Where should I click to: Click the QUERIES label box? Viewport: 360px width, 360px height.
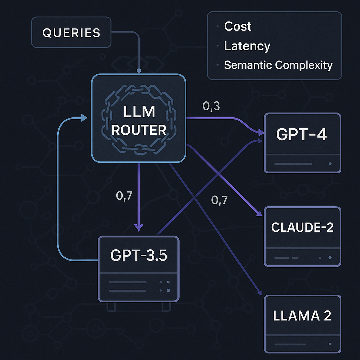click(x=71, y=33)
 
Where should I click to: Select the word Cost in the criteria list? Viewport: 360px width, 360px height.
click(x=238, y=26)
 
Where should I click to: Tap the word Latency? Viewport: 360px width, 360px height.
click(x=247, y=46)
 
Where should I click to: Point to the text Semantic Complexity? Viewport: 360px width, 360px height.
click(x=278, y=65)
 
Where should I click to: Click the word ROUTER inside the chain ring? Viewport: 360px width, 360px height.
click(x=139, y=130)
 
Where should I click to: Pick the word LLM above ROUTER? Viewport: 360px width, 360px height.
click(x=139, y=112)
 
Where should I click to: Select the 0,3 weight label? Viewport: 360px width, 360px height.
click(x=211, y=106)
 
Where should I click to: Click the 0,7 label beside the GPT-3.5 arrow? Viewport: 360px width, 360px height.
click(x=124, y=196)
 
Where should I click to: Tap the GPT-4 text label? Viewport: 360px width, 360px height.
click(x=302, y=135)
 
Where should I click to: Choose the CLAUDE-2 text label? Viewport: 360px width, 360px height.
click(x=302, y=227)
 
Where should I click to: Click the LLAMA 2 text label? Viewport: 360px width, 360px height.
click(x=302, y=315)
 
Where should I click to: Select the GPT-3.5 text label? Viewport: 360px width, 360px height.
click(x=139, y=255)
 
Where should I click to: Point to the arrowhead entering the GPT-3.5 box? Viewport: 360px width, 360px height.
click(x=139, y=228)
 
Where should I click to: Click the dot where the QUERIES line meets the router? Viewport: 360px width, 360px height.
click(x=139, y=71)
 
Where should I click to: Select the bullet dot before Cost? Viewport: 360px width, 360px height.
click(x=218, y=27)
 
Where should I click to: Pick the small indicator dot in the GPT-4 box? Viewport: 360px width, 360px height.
click(x=330, y=164)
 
